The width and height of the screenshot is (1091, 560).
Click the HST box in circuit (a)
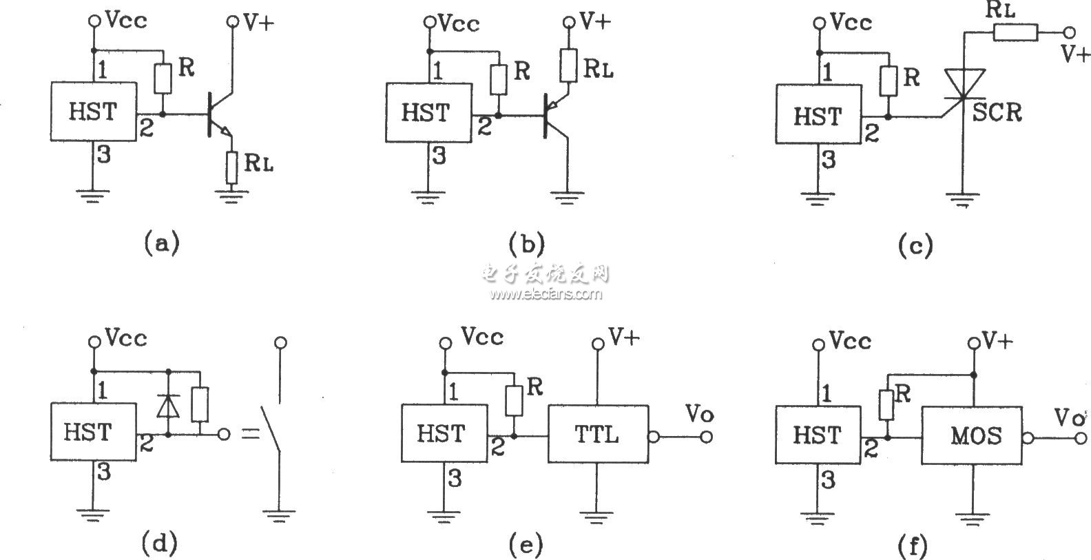point(93,112)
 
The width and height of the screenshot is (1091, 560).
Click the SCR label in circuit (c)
point(997,112)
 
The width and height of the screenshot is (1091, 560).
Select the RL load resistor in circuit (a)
point(232,167)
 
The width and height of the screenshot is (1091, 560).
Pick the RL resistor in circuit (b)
point(568,65)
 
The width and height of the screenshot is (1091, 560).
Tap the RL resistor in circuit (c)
point(1015,32)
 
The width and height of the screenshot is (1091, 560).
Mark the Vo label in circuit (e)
point(699,414)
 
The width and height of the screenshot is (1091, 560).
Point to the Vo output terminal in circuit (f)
point(1082,438)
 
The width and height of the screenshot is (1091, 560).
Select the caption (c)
point(915,245)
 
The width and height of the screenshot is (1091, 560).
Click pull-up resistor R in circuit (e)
point(513,401)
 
